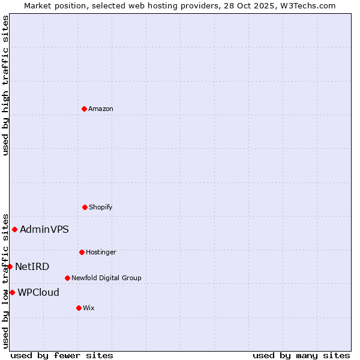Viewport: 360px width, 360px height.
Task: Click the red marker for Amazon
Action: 84,109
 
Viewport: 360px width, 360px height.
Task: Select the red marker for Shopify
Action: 85,207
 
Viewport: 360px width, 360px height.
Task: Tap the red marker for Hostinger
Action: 82,252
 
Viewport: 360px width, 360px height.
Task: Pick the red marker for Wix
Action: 79,308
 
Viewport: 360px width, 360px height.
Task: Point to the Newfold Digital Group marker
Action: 67,278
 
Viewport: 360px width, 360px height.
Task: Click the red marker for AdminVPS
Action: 14,229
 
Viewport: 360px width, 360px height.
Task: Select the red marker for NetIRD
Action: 10,266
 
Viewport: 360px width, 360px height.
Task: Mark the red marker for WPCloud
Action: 12,292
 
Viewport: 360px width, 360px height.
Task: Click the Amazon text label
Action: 101,109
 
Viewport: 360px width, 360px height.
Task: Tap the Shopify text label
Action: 101,207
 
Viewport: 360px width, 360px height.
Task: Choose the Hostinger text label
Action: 101,252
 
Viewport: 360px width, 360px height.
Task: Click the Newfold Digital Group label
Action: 106,278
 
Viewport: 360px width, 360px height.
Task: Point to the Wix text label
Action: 89,308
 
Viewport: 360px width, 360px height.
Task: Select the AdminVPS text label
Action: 44,229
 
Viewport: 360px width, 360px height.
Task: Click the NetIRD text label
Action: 32,266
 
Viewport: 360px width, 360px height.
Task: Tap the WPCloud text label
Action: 38,292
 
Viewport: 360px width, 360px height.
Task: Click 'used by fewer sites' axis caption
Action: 62,355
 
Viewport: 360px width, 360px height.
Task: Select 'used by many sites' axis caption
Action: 301,355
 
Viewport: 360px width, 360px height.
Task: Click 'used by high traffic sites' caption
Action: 5,85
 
